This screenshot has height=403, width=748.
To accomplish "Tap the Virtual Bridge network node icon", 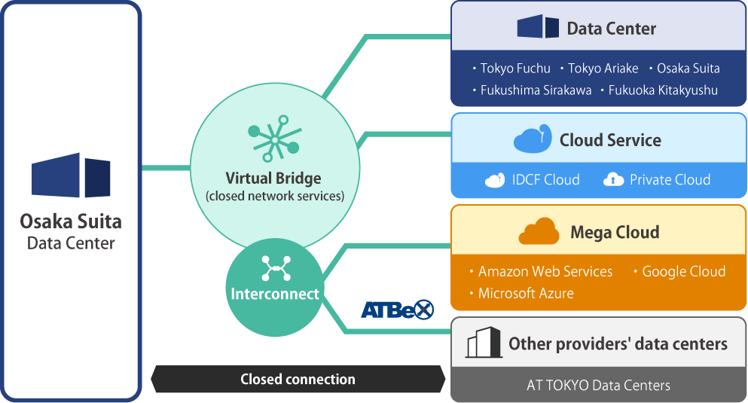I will point(273,139).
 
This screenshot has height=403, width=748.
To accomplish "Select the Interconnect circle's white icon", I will point(276,267).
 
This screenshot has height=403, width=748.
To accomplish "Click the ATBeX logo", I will point(397,309).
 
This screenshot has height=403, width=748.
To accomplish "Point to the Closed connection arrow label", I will point(298,380).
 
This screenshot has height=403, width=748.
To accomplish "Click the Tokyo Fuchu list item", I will point(515,69).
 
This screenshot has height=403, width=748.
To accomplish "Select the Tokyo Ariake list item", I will point(603,69).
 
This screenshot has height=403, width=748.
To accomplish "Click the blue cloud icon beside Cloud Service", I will point(533,140).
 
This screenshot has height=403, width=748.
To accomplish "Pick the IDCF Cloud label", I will point(545,180).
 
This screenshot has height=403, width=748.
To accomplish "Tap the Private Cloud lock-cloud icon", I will point(614,180).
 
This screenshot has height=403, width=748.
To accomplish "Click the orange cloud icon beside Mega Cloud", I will point(538,231).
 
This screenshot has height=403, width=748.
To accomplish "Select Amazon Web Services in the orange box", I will point(545,271).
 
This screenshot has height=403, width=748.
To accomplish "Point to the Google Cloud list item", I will point(683,271).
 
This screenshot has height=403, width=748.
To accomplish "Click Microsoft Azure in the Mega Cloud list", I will point(526,293).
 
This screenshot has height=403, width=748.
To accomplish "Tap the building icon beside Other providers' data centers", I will point(483,343).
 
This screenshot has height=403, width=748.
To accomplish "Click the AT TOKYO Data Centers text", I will point(598,386).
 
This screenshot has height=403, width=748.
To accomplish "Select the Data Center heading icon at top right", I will point(538,27).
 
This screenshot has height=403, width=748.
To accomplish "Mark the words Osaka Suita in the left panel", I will point(71,221).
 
